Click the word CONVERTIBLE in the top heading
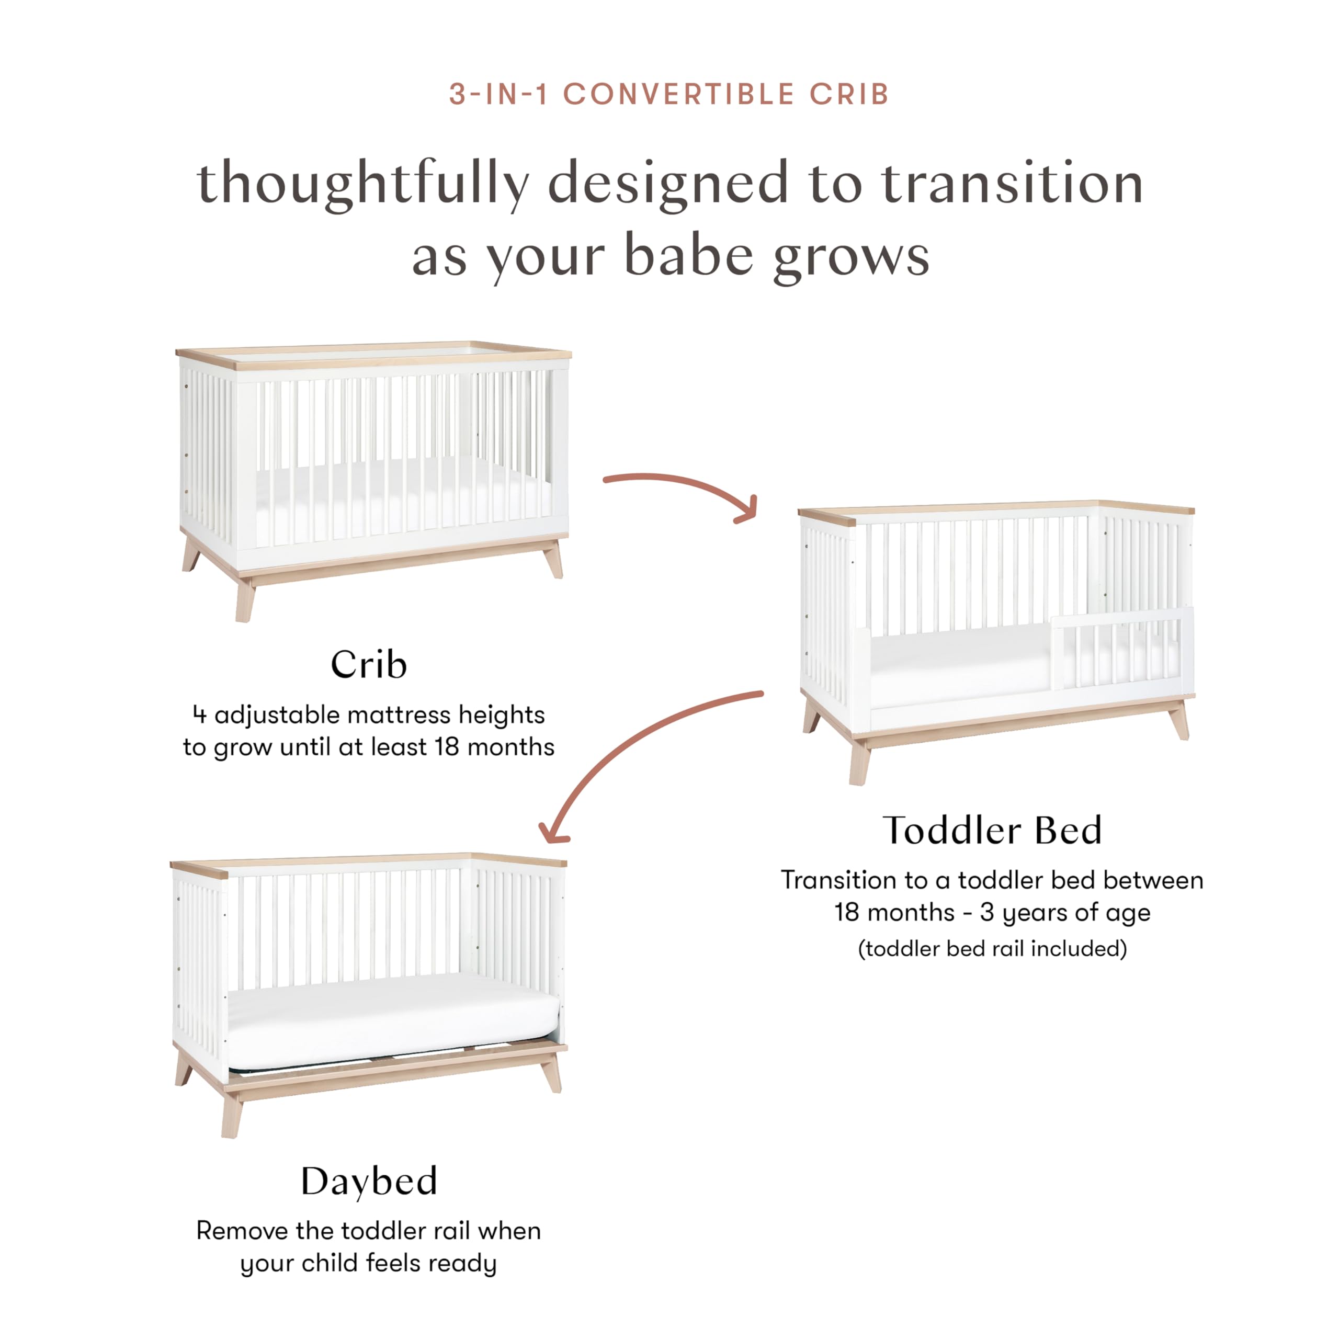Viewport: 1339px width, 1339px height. (678, 94)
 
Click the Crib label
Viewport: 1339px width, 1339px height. (368, 665)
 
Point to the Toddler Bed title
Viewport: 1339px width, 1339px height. (992, 830)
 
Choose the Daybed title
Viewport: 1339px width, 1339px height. (369, 1181)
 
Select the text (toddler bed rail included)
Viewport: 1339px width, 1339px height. (992, 948)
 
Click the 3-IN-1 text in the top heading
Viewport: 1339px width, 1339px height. (498, 94)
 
